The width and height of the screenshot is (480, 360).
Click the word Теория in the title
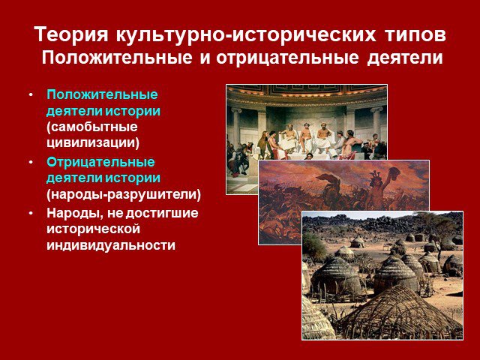(x=71, y=34)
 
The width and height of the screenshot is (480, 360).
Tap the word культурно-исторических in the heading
(x=246, y=35)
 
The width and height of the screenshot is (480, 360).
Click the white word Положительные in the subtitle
(x=117, y=58)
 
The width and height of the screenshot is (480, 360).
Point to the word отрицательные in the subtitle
(x=286, y=58)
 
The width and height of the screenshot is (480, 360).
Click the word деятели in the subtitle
(x=405, y=58)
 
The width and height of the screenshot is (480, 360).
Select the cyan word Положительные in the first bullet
(x=102, y=94)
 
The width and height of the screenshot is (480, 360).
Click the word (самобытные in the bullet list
(x=92, y=127)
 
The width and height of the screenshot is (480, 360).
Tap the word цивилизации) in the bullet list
(x=93, y=143)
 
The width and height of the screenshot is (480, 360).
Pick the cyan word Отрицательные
(x=100, y=162)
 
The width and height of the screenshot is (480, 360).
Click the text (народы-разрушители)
(x=124, y=194)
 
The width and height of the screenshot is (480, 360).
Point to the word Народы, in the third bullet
(x=75, y=213)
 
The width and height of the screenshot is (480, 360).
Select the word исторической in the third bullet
(x=93, y=229)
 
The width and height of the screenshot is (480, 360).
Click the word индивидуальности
(x=111, y=245)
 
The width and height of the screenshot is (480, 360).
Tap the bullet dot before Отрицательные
(x=31, y=163)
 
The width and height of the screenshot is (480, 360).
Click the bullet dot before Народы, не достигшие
(x=31, y=213)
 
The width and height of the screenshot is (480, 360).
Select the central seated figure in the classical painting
(x=305, y=138)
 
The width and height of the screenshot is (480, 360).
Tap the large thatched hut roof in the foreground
(x=398, y=309)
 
